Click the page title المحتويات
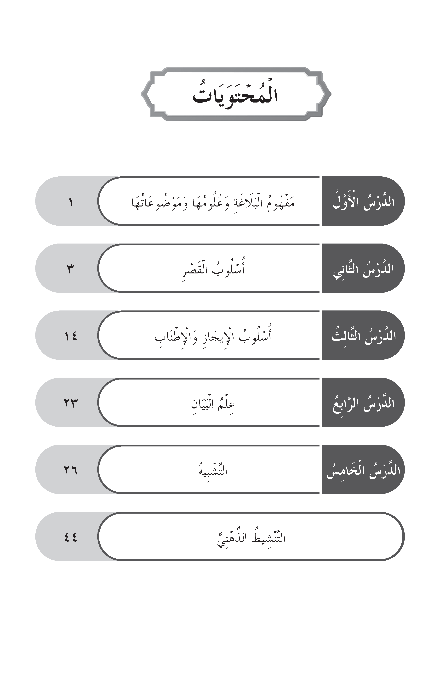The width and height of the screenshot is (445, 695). (235, 95)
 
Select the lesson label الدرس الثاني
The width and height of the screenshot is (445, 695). (364, 269)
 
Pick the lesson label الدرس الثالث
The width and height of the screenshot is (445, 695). (364, 336)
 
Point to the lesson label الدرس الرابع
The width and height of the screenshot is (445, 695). (364, 403)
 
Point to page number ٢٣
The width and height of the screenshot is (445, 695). (70, 403)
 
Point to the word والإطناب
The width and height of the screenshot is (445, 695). (175, 337)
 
